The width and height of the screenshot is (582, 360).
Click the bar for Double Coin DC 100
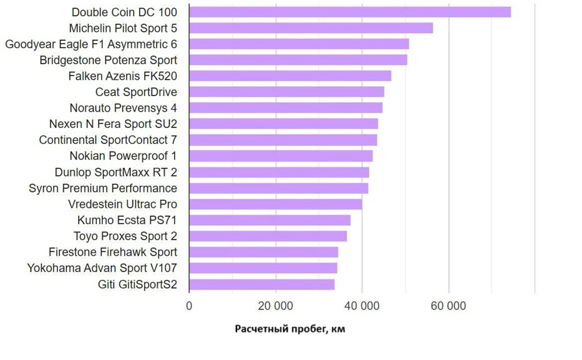pyautogui.click(x=349, y=12)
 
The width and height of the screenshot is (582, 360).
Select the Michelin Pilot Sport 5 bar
pyautogui.click(x=311, y=28)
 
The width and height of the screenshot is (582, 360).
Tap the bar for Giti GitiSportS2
pyautogui.click(x=261, y=285)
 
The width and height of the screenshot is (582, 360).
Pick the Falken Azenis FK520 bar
pyautogui.click(x=290, y=76)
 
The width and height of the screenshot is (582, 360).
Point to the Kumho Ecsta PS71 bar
pyautogui.click(x=269, y=220)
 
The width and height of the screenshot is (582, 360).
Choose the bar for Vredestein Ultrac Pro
pyautogui.click(x=275, y=204)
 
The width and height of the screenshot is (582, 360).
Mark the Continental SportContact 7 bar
pyautogui.click(x=283, y=140)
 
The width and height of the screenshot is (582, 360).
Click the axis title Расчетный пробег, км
pyautogui.click(x=290, y=329)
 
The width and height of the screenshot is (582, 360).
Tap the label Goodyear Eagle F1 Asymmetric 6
pyautogui.click(x=91, y=44)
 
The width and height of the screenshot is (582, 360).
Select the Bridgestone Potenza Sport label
pyautogui.click(x=109, y=61)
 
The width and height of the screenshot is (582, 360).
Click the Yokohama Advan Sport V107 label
pyautogui.click(x=102, y=268)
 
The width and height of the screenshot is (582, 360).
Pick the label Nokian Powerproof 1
pyautogui.click(x=124, y=156)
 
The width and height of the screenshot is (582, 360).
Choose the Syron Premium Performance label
pyautogui.click(x=103, y=188)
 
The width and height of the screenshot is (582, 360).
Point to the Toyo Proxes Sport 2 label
pyautogui.click(x=125, y=236)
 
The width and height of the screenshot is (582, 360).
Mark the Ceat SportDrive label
pyautogui.click(x=136, y=92)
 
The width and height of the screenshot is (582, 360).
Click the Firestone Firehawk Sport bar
pyautogui.click(x=263, y=252)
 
